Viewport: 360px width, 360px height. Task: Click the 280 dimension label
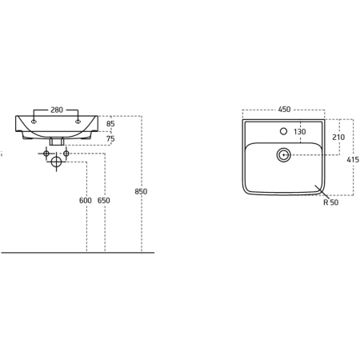tap(57, 110)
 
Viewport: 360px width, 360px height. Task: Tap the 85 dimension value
tap(110, 124)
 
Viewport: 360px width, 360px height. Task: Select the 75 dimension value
tap(110, 138)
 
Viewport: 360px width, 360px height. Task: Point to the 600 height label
tap(86, 200)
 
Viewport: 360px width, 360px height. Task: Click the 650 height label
tap(104, 200)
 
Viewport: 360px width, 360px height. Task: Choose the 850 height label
tap(141, 191)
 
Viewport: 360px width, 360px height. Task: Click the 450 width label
tap(284, 110)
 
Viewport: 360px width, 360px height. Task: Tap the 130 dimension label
tap(300, 131)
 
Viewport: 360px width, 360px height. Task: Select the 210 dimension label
tap(338, 137)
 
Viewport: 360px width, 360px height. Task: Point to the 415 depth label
tap(353, 160)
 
